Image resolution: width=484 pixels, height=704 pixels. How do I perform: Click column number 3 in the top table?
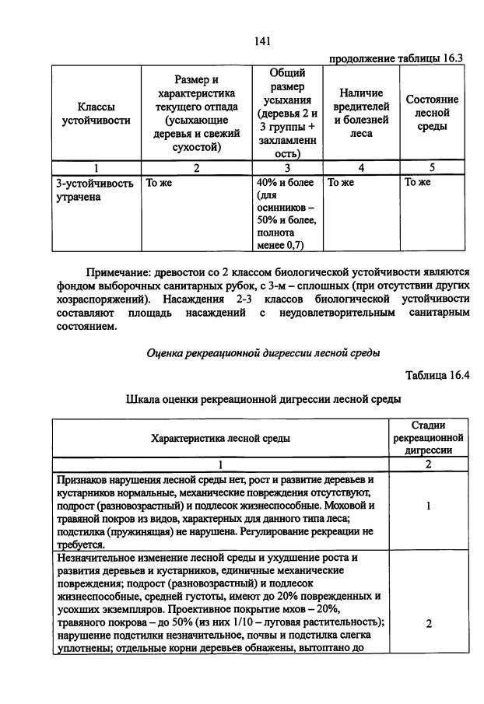coord(287,167)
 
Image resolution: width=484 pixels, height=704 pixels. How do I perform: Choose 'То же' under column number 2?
coord(158,183)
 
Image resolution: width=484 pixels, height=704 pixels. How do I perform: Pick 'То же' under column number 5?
coord(417,183)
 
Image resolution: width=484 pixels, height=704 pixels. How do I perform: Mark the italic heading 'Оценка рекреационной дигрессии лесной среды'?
coord(263,352)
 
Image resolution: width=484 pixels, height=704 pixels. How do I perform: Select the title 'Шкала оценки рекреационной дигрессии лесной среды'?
coord(263,399)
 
